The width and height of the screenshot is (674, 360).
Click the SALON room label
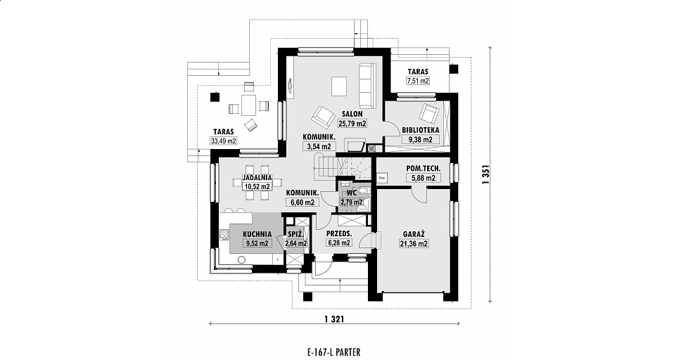[x=352, y=115]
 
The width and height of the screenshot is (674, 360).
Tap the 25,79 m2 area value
[x=352, y=124]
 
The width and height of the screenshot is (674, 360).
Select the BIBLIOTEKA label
[x=421, y=130]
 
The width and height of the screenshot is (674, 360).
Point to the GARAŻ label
[x=414, y=234]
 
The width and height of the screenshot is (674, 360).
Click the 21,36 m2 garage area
[x=414, y=244]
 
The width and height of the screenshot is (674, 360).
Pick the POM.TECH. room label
[x=424, y=169]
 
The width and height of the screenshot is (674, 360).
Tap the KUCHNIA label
[x=257, y=234]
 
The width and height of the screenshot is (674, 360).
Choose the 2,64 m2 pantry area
[x=295, y=243]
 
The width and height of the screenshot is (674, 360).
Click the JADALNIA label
[x=257, y=177]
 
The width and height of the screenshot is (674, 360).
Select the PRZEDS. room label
[x=339, y=233]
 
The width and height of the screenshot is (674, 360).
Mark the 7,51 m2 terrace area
[x=418, y=80]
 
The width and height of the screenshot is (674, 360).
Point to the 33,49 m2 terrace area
[x=223, y=141]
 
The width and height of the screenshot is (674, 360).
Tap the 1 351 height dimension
[x=486, y=175]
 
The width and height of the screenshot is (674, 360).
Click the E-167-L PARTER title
[x=331, y=352]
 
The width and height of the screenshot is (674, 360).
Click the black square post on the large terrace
[x=214, y=97]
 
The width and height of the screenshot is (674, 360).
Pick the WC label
[x=352, y=193]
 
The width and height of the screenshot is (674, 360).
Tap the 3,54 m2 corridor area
[x=319, y=146]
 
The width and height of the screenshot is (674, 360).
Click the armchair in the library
[x=429, y=113]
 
